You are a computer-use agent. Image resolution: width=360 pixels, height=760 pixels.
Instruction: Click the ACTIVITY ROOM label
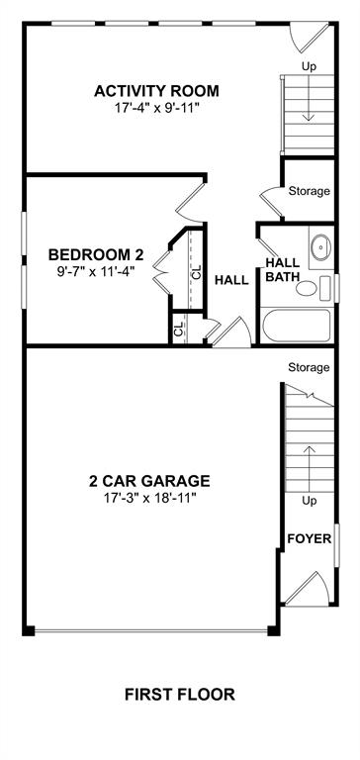point(156,91)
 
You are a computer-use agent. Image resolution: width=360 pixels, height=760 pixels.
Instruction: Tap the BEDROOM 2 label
point(96,254)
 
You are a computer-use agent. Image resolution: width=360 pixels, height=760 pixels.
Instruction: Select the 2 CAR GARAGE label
point(149,481)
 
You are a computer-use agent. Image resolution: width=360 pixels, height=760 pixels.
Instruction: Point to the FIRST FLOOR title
point(180,695)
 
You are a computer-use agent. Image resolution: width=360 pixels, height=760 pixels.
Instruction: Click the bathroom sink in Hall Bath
point(320,247)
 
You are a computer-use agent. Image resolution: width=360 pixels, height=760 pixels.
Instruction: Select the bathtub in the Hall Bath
point(297,326)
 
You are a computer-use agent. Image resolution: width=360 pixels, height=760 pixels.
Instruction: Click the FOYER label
point(310,538)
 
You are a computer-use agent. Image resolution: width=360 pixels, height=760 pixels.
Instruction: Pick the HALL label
point(231,280)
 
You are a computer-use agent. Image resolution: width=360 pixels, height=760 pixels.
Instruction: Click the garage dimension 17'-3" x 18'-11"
point(149,497)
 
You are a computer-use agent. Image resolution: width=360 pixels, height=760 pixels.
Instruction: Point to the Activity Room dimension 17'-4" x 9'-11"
point(157,107)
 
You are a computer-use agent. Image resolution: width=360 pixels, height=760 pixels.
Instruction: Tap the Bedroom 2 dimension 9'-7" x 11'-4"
point(95,270)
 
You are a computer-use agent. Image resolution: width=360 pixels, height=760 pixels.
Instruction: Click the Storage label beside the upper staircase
point(310,191)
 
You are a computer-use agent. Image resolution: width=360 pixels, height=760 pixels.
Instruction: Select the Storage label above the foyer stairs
point(309,367)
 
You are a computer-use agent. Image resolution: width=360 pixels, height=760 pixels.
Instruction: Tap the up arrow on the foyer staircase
point(310,461)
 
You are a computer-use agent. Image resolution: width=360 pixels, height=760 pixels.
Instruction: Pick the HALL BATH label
point(283,270)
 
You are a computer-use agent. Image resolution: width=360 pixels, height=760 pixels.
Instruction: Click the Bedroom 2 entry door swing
point(191,200)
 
